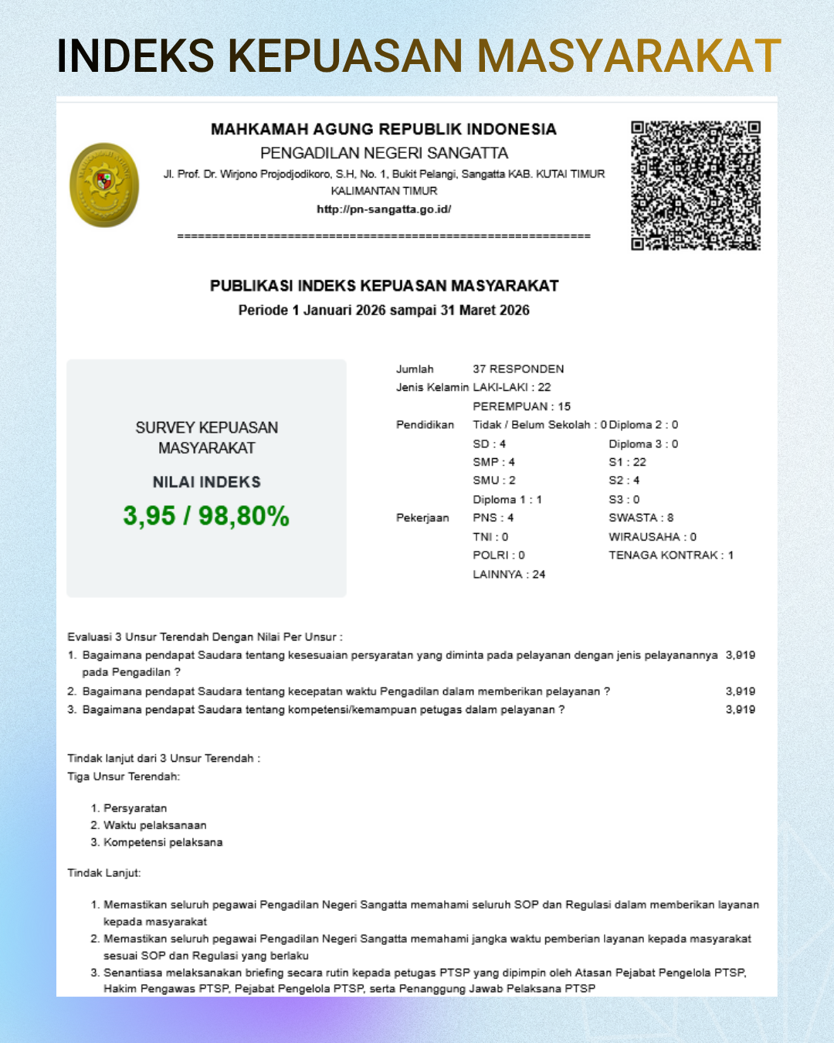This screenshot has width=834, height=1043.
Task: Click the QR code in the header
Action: (x=695, y=185)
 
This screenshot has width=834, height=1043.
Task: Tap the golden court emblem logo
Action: (x=104, y=185)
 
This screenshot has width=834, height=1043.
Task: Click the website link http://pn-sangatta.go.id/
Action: (x=384, y=209)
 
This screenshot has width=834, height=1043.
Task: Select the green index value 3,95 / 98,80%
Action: (x=206, y=515)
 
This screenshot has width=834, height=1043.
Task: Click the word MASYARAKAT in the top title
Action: (x=629, y=56)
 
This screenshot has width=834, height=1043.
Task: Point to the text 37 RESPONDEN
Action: (x=518, y=369)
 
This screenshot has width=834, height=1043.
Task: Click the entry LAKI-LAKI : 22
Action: (x=512, y=387)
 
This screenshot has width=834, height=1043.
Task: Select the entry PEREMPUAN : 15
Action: (x=521, y=406)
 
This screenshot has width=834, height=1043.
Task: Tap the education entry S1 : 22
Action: (x=627, y=462)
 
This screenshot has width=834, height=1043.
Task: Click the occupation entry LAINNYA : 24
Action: (x=509, y=574)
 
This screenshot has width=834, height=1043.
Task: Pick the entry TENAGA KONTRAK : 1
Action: (x=671, y=555)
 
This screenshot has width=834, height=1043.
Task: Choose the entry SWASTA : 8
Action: (x=641, y=518)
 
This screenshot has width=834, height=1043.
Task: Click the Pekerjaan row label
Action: (x=422, y=518)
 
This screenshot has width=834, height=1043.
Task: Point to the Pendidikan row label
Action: (x=425, y=425)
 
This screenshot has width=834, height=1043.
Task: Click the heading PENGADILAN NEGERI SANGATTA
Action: (x=384, y=153)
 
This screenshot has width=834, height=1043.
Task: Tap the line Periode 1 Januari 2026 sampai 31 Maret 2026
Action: (x=384, y=310)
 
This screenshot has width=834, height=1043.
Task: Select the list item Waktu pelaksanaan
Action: (x=154, y=825)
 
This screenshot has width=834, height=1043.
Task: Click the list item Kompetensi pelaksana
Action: (x=163, y=842)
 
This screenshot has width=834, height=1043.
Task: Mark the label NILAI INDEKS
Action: (x=206, y=482)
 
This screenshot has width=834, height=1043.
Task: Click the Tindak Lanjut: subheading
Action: (x=104, y=873)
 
